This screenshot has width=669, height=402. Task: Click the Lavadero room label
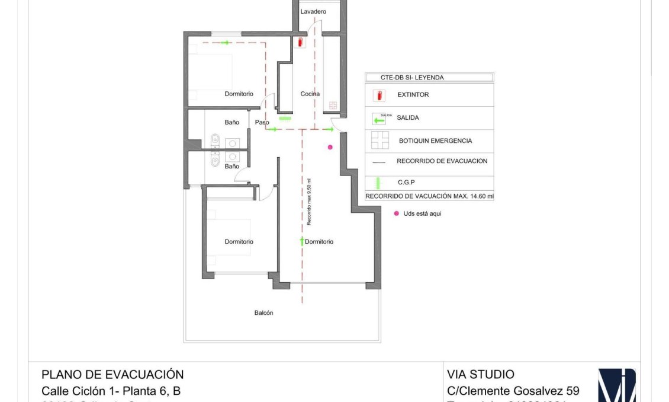tap(313, 12)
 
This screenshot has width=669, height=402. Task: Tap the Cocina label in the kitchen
tap(310, 94)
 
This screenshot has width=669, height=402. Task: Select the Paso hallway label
tap(262, 123)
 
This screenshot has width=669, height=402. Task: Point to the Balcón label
tap(263, 312)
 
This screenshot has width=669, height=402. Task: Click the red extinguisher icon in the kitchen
tap(300, 43)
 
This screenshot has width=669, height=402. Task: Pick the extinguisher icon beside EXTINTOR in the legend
tap(379, 95)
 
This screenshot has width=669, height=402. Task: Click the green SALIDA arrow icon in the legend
tap(379, 118)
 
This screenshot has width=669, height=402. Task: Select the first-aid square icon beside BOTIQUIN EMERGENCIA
tap(379, 141)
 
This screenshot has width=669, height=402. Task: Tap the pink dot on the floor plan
tap(330, 147)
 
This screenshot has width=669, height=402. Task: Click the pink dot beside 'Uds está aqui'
tap(397, 213)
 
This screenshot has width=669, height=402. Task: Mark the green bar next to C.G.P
tap(379, 183)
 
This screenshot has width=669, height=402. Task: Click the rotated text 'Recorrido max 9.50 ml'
tap(308, 202)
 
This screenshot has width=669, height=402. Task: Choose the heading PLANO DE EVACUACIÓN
tap(112, 375)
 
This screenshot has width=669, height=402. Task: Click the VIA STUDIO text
tap(481, 375)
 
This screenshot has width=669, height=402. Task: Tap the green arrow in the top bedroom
tap(225, 43)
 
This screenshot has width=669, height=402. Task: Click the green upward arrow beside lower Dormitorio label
tap(301, 241)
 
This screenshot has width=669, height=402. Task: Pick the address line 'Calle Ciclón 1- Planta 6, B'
tap(111, 391)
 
